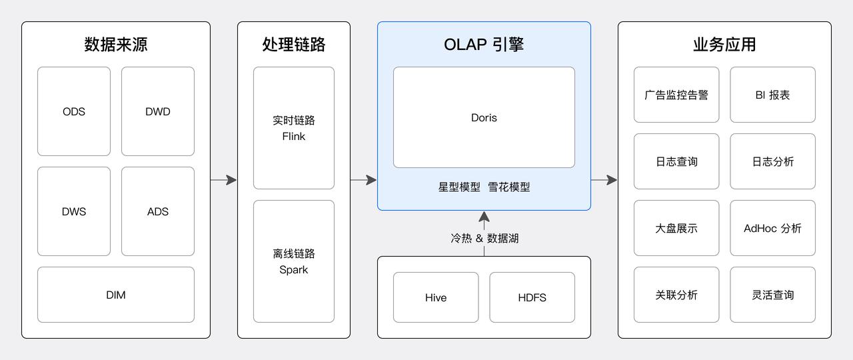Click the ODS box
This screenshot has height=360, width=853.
(74, 111)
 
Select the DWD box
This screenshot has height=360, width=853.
(158, 111)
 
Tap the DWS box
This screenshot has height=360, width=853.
(74, 211)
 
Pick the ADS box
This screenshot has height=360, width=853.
(158, 211)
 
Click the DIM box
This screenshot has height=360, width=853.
(116, 295)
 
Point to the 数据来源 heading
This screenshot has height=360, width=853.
(116, 45)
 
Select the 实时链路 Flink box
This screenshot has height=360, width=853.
(294, 128)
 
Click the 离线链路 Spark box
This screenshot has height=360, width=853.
(294, 261)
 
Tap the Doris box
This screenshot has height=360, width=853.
(484, 117)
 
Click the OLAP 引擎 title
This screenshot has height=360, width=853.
(484, 45)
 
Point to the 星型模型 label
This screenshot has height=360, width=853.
(459, 187)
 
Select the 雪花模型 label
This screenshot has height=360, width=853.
(509, 187)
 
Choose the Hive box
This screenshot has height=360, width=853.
(436, 297)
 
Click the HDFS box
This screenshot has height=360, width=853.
(532, 297)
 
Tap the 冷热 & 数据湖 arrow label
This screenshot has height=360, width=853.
(484, 238)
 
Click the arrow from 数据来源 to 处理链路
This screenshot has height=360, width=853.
(224, 180)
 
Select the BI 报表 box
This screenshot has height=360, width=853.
(772, 95)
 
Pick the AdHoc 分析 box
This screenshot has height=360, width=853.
(772, 228)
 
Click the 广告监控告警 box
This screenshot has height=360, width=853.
(676, 95)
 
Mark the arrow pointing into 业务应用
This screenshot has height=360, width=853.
(604, 180)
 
